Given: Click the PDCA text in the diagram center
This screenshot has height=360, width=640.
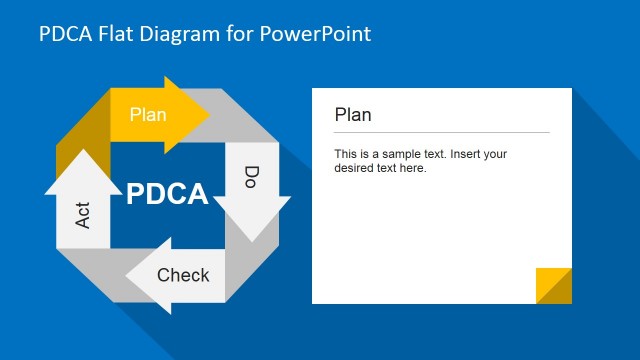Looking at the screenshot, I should pos(167,193).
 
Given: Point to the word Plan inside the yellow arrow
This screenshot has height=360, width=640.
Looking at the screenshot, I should pos(148,114).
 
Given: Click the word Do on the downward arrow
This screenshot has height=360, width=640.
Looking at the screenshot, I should pos(252,179).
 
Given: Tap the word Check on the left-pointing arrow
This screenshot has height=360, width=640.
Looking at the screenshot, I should pos(183,275).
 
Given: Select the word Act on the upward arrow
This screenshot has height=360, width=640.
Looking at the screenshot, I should pos(83,213).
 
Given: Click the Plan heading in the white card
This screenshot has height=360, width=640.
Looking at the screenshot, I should pos(352,115).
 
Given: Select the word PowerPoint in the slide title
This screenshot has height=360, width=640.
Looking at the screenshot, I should pos(315,34).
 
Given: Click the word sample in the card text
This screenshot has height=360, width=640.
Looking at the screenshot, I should pos(398,154).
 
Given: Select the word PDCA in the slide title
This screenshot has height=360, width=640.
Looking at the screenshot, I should pos(62,34).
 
